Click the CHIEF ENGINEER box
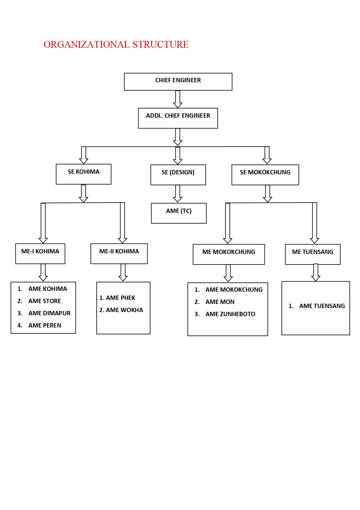[x=178, y=82]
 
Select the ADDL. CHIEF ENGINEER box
[x=178, y=118]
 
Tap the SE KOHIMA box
[x=84, y=174]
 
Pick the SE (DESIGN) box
[x=178, y=175]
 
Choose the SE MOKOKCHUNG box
[x=265, y=175]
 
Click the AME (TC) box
[x=179, y=213]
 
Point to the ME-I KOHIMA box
[x=40, y=253]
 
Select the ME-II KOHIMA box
[x=119, y=253]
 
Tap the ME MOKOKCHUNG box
[x=229, y=254]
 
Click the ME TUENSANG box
[x=313, y=254]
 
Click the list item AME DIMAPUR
[x=49, y=313]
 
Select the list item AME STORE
[x=44, y=301]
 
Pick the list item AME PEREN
[x=45, y=325]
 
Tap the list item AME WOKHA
[x=124, y=310]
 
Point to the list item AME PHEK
[x=120, y=298]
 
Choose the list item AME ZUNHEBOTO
[x=230, y=314]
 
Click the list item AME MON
[x=220, y=302]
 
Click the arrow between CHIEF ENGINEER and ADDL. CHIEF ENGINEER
[x=178, y=99]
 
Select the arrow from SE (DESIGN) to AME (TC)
[x=178, y=194]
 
